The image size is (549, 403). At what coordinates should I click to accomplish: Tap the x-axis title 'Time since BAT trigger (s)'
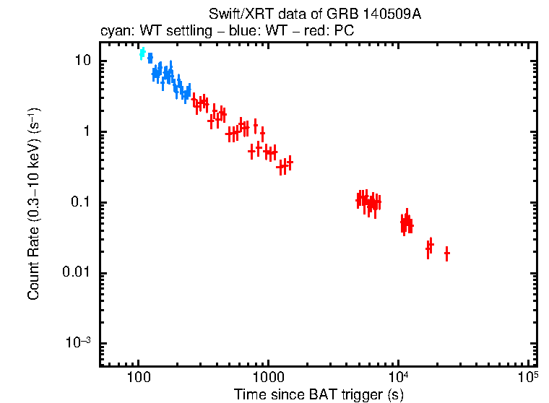(x=319, y=394)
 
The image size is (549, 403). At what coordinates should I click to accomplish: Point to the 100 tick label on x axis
(x=138, y=378)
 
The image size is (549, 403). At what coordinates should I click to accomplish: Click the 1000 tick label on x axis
(x=268, y=378)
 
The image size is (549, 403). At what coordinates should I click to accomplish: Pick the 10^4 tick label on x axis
(x=399, y=377)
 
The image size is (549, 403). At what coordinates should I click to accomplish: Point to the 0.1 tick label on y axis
(x=79, y=203)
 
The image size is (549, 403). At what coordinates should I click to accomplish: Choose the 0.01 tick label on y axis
(x=76, y=273)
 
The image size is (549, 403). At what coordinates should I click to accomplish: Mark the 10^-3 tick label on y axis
(x=78, y=343)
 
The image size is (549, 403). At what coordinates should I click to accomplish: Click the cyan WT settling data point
(x=142, y=53)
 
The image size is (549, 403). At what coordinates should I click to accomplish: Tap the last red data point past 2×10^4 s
(x=447, y=253)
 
